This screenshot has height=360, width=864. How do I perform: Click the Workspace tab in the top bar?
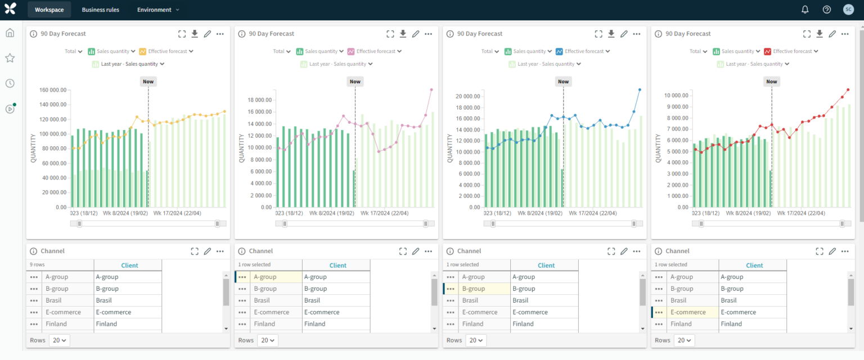pos(49,10)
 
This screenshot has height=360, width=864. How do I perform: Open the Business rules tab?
pos(100,10)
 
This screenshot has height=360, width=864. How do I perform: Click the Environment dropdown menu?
pos(158,10)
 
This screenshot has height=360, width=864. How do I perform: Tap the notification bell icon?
pos(805,10)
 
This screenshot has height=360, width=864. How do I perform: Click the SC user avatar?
pos(848,10)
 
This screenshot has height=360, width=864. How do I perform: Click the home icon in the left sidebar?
pos(10,33)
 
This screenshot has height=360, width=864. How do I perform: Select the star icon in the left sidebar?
pos(10,58)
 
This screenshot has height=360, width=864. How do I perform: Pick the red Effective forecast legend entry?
pos(790,51)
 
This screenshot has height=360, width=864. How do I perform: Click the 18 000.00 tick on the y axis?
pos(259,100)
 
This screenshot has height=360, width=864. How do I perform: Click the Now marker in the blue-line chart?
pos(563,82)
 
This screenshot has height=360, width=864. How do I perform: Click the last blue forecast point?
pos(640,89)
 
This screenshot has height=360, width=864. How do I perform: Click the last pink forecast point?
pos(431,89)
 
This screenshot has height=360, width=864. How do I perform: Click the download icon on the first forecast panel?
pos(195,34)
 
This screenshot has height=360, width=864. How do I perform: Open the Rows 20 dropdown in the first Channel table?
pos(59,340)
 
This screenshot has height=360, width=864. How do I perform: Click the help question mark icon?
pos(826,10)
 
